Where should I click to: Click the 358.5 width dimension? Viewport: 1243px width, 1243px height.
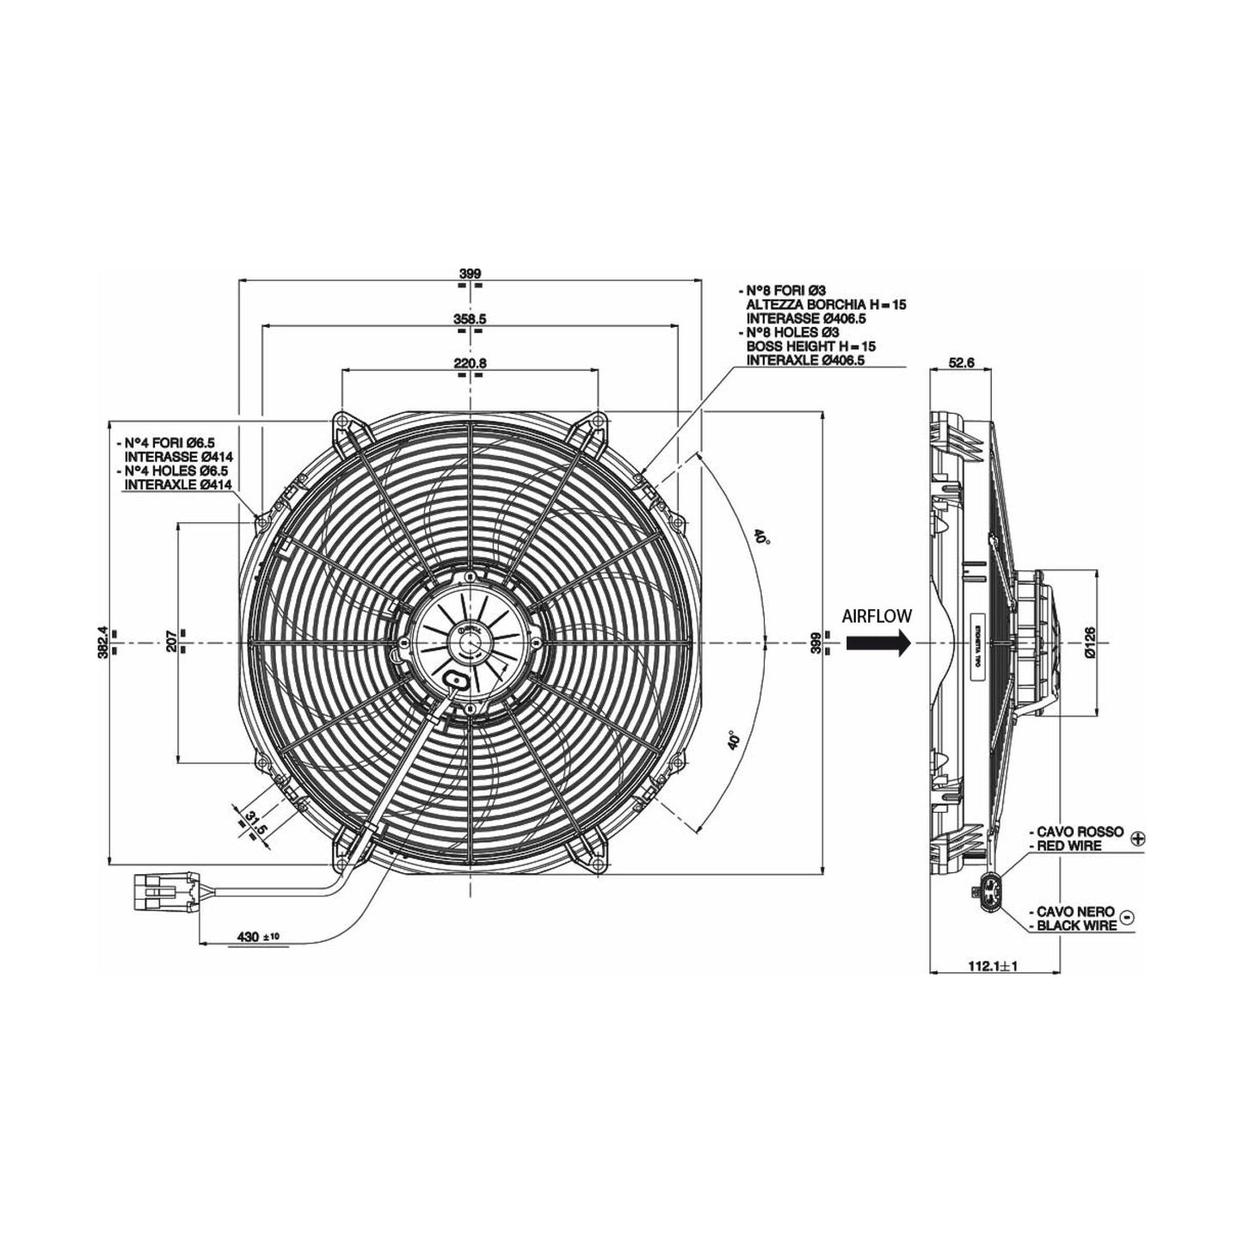click(470, 318)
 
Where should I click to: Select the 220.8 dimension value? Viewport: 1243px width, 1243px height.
click(470, 363)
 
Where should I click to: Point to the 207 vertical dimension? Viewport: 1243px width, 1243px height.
click(171, 641)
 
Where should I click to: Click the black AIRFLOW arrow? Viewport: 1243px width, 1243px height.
click(877, 643)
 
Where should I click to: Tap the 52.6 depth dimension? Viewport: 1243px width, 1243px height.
click(960, 363)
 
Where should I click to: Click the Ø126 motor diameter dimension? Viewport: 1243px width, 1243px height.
click(1090, 642)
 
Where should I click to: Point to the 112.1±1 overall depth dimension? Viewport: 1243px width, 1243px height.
click(993, 966)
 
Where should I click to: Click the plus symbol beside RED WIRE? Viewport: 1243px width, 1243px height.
click(1138, 838)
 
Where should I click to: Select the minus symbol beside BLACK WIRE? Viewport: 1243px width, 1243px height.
click(1129, 917)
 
